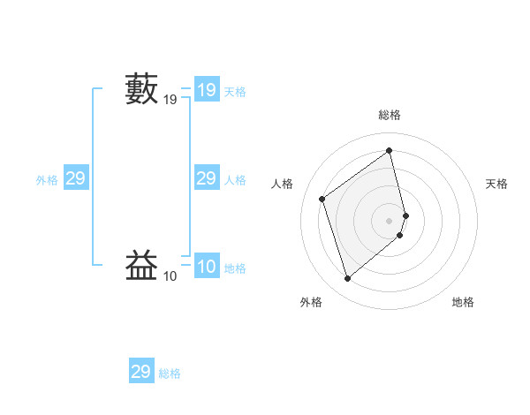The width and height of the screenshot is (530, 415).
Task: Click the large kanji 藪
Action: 142,90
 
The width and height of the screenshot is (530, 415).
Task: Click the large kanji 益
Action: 142,266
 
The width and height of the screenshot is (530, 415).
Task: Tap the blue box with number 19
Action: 206,90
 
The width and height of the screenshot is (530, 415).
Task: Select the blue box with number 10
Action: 206,267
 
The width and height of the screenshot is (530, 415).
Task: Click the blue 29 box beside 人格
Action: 206,178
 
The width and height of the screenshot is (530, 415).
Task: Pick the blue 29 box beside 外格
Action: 75,178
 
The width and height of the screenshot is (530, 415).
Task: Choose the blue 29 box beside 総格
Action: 141,372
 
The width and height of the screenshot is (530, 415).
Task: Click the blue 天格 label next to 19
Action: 235,92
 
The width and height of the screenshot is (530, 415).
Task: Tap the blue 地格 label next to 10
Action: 235,268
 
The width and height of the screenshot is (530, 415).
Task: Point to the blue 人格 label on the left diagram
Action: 235,180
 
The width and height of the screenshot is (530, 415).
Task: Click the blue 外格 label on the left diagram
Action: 47,180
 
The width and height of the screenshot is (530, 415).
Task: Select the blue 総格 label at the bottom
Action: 170,373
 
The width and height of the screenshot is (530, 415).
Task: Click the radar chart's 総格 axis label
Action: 390,115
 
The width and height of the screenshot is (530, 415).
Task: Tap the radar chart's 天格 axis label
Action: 497,184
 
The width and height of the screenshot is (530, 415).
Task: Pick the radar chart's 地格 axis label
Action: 463,302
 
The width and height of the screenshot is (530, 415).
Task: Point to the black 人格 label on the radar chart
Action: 283,184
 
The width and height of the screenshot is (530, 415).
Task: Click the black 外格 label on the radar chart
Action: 311,302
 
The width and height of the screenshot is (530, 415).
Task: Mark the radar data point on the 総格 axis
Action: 390,151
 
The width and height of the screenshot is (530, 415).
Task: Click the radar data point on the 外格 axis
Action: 348,279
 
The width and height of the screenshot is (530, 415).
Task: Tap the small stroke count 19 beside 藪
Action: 170,102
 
